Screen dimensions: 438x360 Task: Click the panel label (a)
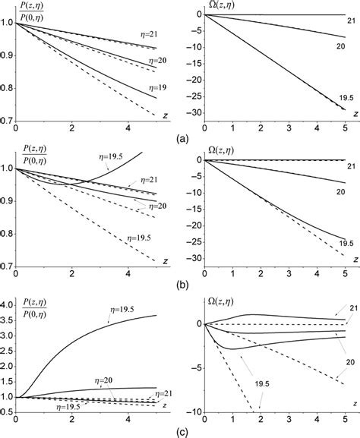(183, 139)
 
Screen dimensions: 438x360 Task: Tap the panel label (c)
(183, 430)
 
